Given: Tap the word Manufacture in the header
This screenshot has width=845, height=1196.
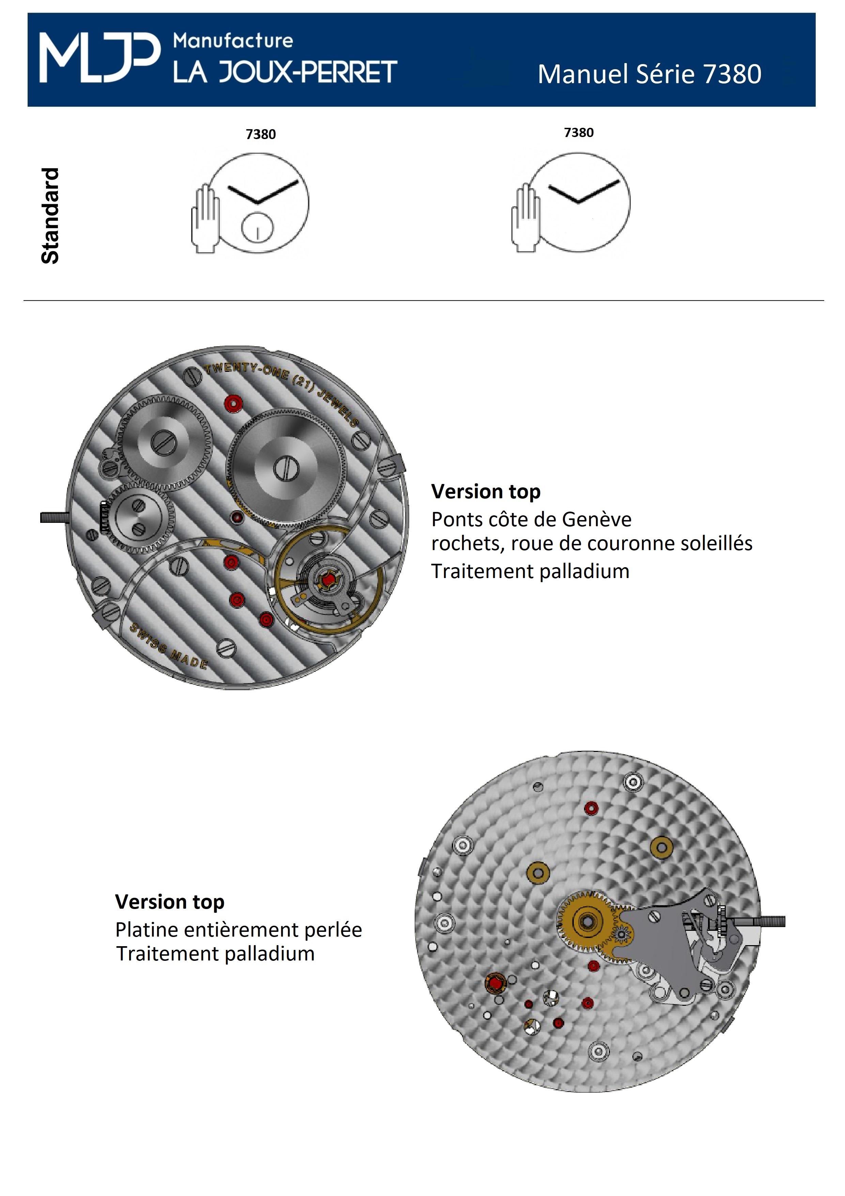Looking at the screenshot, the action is tap(233, 41).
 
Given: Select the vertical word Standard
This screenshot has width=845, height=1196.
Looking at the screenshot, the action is tap(50, 216).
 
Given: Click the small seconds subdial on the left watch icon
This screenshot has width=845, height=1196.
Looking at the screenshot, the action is tap(257, 228).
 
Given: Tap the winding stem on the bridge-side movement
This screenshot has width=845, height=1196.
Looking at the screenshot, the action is tap(55, 518).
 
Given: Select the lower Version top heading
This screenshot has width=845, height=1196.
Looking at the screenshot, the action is tap(170, 902).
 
